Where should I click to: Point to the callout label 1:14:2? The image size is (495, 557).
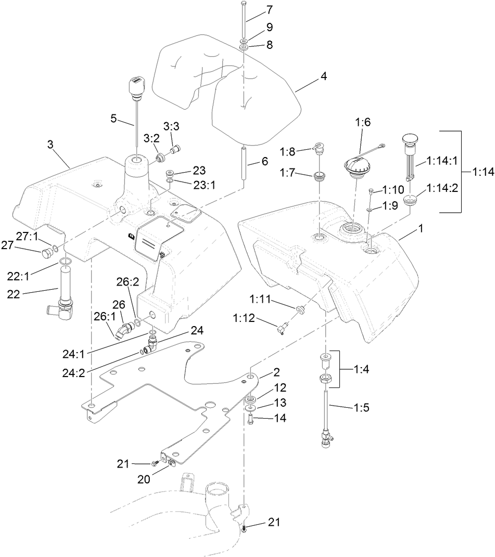pyautogui.click(x=442, y=188)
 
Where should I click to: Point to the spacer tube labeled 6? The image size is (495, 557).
pyautogui.click(x=244, y=163)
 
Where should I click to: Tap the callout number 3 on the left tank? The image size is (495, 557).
pyautogui.click(x=50, y=144)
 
